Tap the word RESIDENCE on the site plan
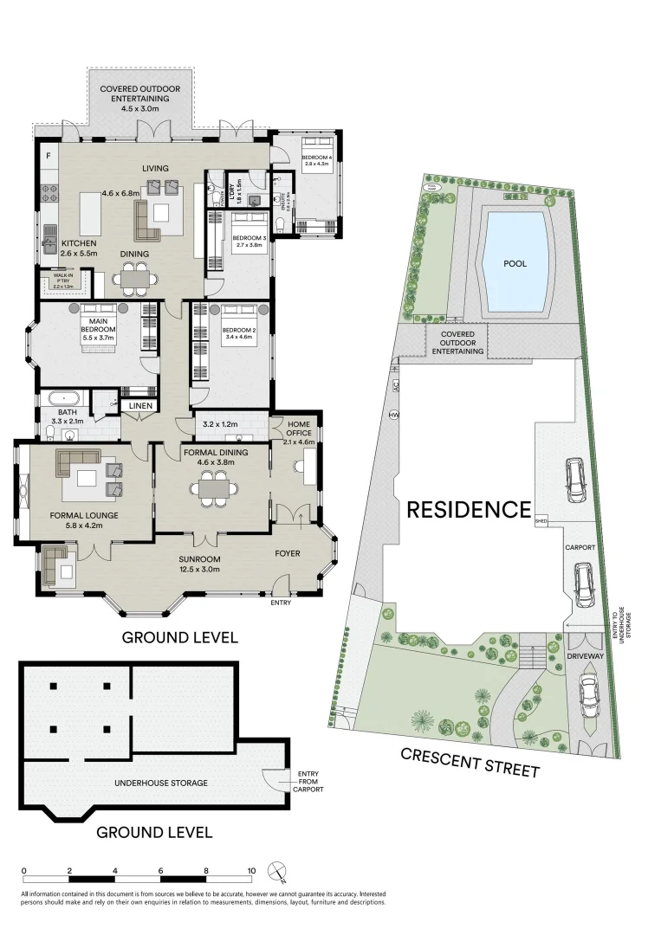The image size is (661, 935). point(469,509)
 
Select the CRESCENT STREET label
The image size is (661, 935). point(470,762)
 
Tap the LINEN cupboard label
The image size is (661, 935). point(140,405)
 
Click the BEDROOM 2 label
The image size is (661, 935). point(237,331)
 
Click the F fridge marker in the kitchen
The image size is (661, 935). point(49,156)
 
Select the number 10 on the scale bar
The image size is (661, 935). point(251,871)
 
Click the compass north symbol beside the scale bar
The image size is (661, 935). point(278,871)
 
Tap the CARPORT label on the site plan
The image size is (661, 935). point(580,548)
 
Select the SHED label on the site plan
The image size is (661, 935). point(541,521)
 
